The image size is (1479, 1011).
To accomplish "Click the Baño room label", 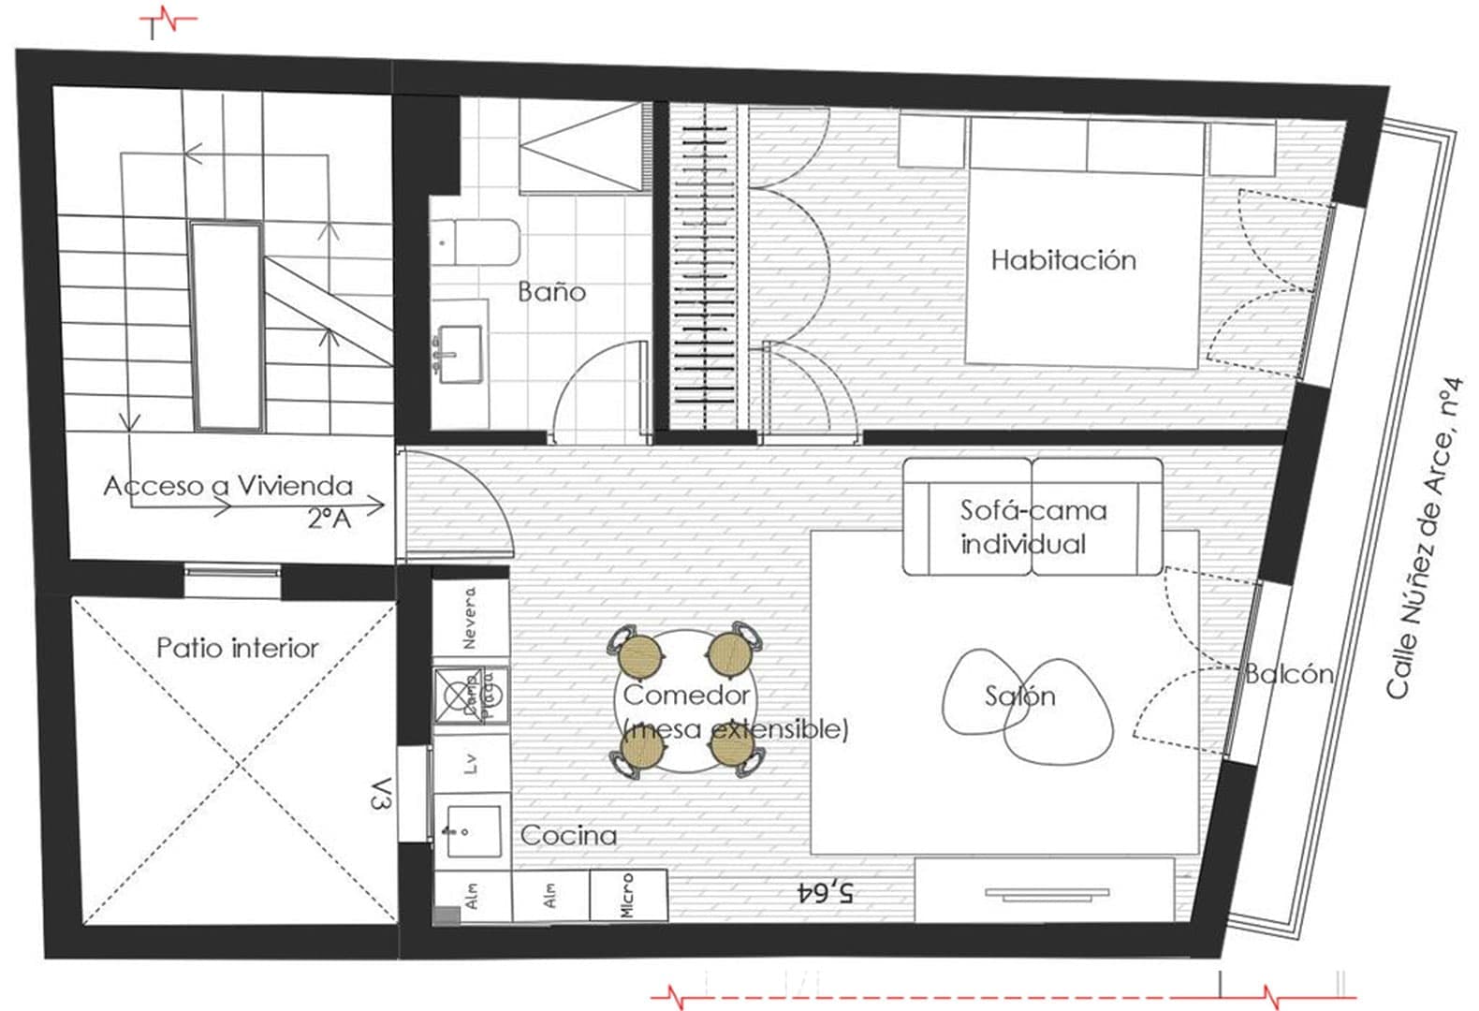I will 551,292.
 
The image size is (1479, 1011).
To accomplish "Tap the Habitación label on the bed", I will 1063,260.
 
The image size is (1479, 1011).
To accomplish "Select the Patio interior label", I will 237,648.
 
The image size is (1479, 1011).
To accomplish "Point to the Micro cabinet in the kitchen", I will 628,896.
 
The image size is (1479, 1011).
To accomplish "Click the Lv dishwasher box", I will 471,764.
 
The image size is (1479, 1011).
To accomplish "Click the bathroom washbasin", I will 459,354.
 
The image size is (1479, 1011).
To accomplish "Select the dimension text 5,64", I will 825,892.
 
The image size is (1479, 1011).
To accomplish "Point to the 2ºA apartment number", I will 329,518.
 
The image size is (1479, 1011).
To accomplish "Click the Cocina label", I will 568,836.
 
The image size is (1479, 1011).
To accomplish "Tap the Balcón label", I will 1288,674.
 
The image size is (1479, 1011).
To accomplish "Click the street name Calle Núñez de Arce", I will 1425,538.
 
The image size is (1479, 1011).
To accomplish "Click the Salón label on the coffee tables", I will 1019,696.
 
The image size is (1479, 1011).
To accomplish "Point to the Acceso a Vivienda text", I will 228,486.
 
